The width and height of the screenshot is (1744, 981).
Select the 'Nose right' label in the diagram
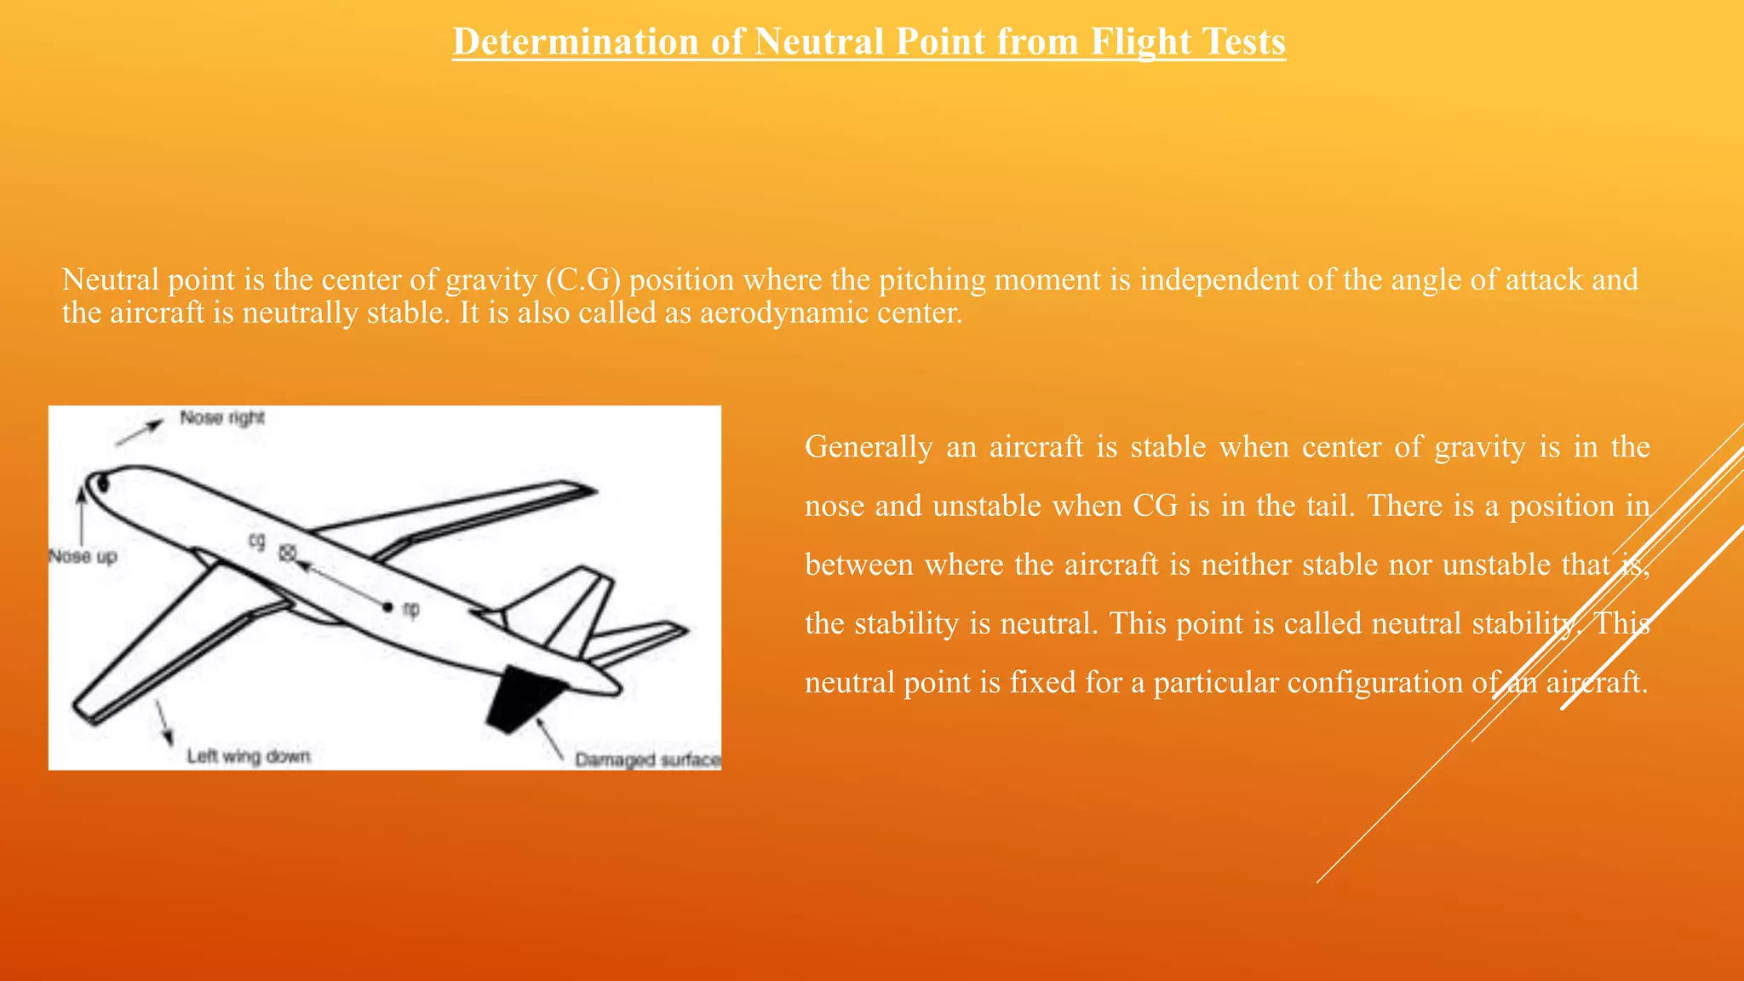tap(222, 418)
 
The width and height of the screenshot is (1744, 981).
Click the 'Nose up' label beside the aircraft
tap(83, 557)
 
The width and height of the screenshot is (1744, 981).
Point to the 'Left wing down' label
tap(249, 756)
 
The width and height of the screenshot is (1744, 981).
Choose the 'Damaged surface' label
tap(647, 760)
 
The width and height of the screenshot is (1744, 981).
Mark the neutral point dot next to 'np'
tap(387, 607)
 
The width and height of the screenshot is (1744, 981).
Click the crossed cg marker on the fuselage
tap(288, 553)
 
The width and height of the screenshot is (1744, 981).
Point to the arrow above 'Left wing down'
tap(163, 724)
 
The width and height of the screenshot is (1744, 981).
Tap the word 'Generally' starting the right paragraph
tap(869, 447)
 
